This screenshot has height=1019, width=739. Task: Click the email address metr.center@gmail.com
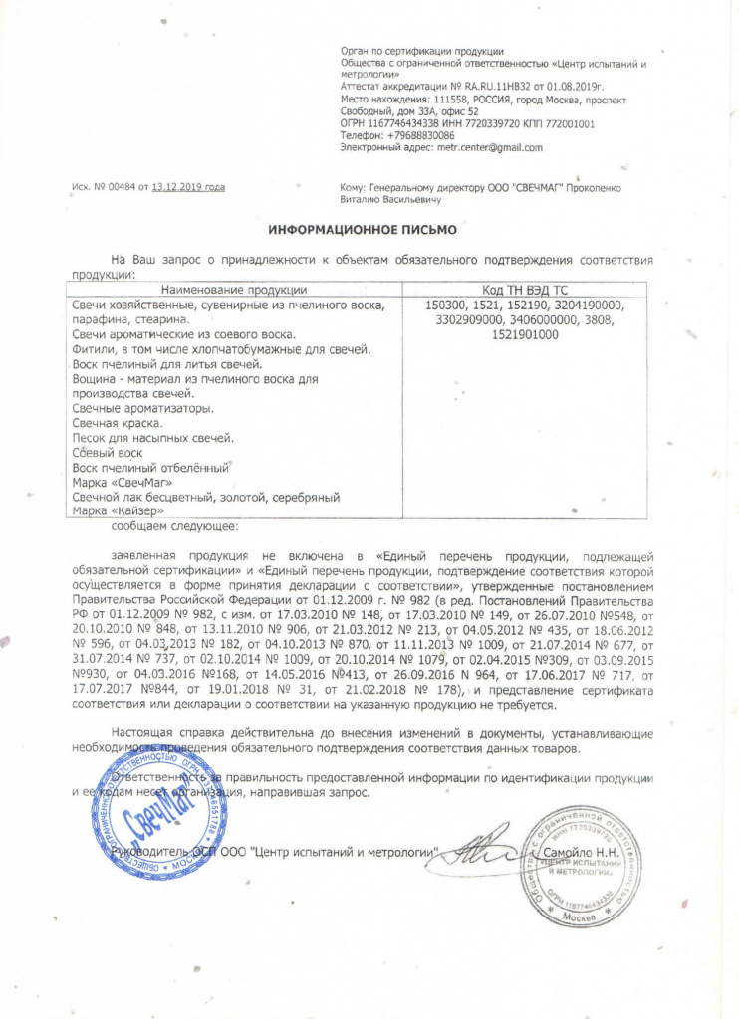click(490, 148)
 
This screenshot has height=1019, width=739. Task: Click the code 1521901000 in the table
click(525, 335)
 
